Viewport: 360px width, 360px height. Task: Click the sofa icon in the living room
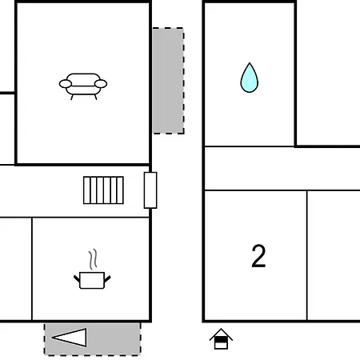[83, 86]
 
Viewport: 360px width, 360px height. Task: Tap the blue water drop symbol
[250, 78]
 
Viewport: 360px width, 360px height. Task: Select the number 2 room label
[258, 256]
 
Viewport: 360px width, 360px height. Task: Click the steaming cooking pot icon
[92, 270]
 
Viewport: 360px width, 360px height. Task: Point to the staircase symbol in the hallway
[103, 190]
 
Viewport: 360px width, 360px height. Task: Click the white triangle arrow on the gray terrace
[70, 338]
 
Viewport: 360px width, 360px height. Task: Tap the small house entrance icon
[221, 339]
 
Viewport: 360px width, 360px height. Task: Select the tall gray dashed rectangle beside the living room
[168, 81]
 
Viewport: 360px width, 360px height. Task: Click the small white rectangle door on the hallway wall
[150, 190]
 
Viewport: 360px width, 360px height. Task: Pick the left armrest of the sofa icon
[66, 84]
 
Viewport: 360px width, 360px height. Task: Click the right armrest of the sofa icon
[101, 84]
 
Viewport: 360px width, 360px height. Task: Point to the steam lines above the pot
[93, 259]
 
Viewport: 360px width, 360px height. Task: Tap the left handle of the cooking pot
[77, 279]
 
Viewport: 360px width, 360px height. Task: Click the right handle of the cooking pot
[107, 279]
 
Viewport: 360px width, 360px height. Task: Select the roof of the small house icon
[221, 334]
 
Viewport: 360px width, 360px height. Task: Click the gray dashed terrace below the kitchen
[93, 339]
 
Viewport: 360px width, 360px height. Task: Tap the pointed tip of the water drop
[250, 63]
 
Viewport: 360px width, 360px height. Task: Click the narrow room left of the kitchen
[16, 269]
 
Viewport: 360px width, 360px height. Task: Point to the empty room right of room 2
[334, 255]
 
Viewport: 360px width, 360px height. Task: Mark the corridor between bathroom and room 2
[282, 169]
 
